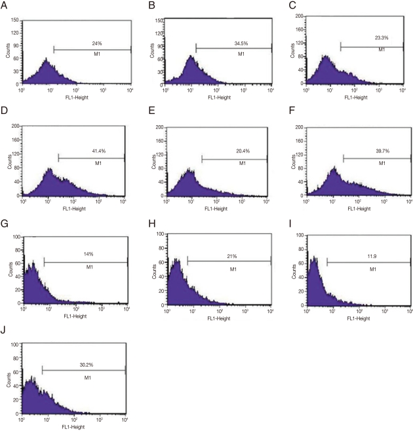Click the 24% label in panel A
click(92, 42)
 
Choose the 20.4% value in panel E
click(234, 151)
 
